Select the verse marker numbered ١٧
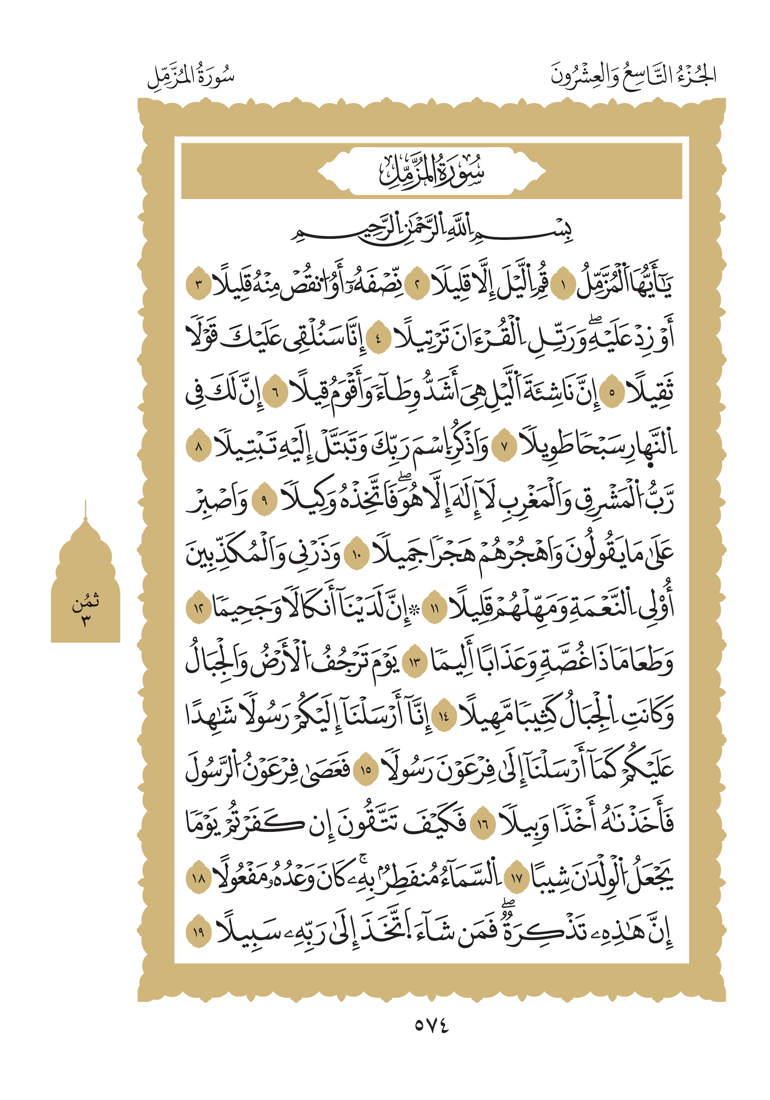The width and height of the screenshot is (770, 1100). (517, 879)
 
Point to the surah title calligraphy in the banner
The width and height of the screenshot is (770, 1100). (431, 171)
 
